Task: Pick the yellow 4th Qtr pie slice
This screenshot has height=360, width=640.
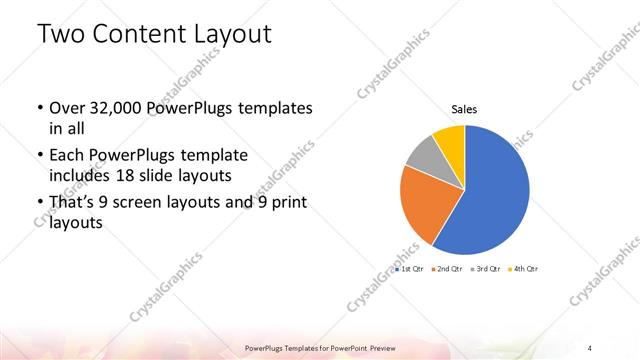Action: tap(451, 138)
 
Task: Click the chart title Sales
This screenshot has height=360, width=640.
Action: tap(464, 108)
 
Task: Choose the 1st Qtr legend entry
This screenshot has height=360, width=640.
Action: tap(410, 270)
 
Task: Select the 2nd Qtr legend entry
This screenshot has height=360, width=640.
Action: tap(448, 270)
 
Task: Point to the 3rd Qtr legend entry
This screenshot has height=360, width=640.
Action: tap(486, 270)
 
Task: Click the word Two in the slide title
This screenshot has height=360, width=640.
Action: tap(62, 34)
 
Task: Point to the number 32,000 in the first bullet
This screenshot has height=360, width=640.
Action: tap(113, 108)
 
